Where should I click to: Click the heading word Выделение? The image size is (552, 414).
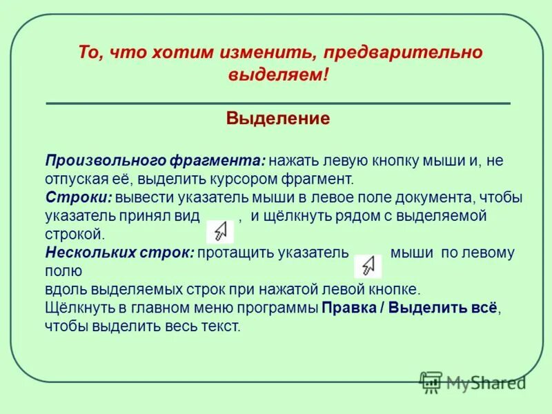tap(278, 119)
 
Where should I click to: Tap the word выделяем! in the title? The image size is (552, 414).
tap(278, 75)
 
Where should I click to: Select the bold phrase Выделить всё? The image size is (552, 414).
tap(442, 308)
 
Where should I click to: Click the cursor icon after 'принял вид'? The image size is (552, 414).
tap(220, 230)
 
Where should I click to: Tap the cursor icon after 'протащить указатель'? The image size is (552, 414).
tap(368, 266)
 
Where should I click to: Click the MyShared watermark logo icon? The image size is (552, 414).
tap(431, 382)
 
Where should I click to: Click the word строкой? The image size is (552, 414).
tap(73, 235)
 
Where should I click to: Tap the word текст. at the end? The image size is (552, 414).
tap(222, 326)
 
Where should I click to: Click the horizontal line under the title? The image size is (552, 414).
tap(278, 103)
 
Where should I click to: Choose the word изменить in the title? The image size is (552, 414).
tap(256, 52)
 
